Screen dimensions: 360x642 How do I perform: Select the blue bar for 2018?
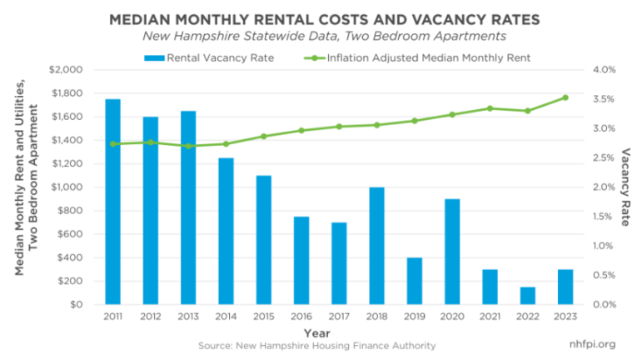tap(377, 246)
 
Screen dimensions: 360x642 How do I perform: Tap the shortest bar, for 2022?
tap(527, 296)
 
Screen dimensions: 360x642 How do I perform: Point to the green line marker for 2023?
tap(565, 97)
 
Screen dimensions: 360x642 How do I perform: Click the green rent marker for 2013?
tap(188, 146)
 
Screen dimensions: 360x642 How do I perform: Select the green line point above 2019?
tap(415, 121)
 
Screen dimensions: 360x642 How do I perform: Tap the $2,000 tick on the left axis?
tap(79, 70)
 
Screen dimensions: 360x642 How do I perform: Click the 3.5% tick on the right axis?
tap(603, 99)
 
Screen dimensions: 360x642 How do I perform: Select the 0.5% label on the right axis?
tap(603, 276)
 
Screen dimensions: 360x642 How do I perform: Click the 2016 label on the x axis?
tap(301, 317)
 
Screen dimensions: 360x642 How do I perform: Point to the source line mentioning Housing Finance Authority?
tap(317, 345)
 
